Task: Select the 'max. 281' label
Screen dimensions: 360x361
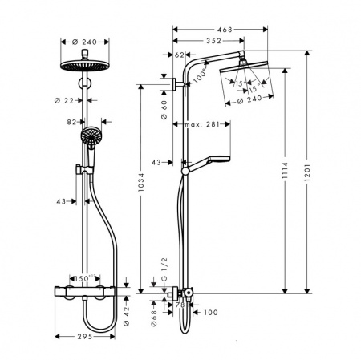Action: pyautogui.click(x=202, y=124)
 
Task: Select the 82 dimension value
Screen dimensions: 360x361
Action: pyautogui.click(x=72, y=121)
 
